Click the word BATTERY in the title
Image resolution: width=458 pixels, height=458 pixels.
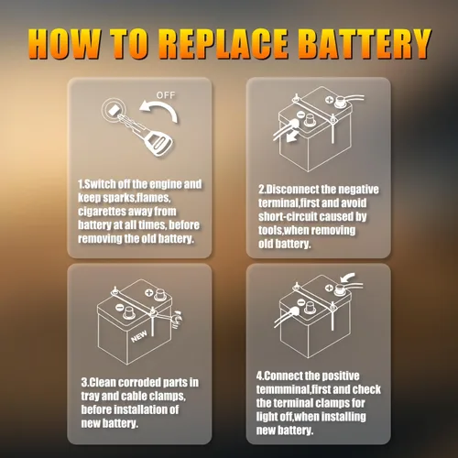[x=365, y=44]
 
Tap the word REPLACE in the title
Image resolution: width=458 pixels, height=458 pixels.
[x=224, y=44]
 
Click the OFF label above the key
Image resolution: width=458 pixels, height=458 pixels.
[x=166, y=95]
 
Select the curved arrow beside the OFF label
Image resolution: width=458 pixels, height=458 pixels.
[x=160, y=111]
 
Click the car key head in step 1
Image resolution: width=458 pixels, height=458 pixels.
[x=159, y=142]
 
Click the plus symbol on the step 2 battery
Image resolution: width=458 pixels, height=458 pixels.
[x=329, y=100]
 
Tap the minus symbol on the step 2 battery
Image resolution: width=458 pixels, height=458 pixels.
[x=300, y=115]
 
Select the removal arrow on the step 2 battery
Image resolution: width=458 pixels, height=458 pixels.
[x=292, y=136]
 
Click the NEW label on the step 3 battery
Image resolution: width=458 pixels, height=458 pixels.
[x=139, y=336]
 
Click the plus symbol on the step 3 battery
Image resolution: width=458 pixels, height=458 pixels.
[x=148, y=293]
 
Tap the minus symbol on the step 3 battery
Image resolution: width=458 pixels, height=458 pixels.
[x=120, y=307]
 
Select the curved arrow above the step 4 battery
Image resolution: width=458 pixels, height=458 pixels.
[x=347, y=278]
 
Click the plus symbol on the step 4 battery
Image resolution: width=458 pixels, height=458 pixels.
[x=329, y=288]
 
